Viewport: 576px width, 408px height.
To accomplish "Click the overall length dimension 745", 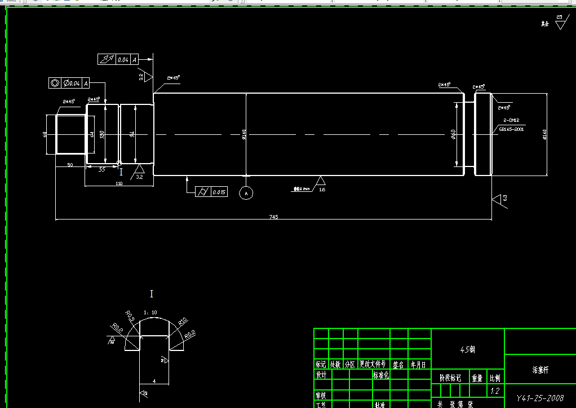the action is (274, 217).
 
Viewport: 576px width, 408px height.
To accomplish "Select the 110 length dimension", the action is (119, 183).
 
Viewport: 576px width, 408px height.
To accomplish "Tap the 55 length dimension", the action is (102, 169).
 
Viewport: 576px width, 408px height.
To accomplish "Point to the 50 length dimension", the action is (70, 165).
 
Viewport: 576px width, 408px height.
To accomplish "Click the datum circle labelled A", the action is (246, 193).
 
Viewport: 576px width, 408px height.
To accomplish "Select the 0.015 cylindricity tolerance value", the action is (219, 192).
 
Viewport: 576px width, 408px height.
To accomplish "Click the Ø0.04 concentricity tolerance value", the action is (73, 83).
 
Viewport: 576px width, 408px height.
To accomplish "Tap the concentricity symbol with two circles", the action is (55, 83).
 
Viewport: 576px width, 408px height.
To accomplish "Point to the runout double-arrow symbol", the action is (107, 59).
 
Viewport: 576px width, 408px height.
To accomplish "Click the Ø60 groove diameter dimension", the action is (453, 134).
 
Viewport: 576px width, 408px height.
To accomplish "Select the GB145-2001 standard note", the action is (511, 129).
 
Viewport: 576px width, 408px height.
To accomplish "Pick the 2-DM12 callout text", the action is (511, 121).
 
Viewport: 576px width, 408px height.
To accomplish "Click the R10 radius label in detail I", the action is (182, 322).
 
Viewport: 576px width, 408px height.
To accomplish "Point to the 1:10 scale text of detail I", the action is (150, 312).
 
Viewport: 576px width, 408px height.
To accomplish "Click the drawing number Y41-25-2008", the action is (540, 398).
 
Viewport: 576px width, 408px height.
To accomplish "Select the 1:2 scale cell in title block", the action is (495, 391).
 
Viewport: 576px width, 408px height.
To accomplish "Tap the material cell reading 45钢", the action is (467, 350).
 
